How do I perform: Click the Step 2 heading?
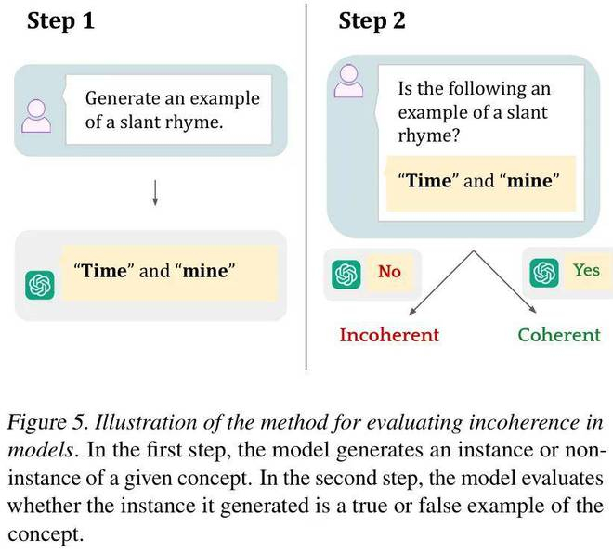click(x=372, y=21)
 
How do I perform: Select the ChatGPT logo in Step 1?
click(x=40, y=284)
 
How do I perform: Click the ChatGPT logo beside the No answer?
click(x=346, y=274)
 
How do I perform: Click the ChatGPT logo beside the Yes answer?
click(x=543, y=273)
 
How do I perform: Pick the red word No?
click(x=389, y=272)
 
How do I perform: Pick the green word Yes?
click(x=586, y=270)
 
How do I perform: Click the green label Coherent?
click(x=559, y=334)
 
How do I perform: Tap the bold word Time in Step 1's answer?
click(x=103, y=271)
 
